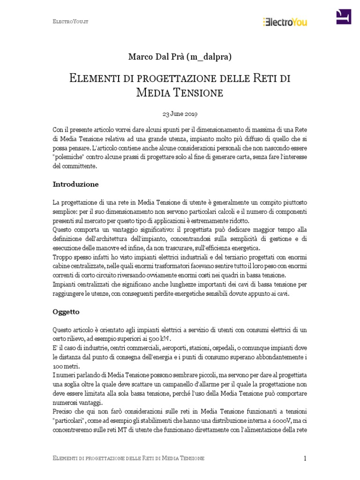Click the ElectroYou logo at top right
pyautogui.click(x=285, y=21)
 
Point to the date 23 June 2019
pyautogui.click(x=180, y=114)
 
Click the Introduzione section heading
pyautogui.click(x=75, y=184)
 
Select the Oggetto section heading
pyautogui.click(x=66, y=311)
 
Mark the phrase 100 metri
pyautogui.click(x=66, y=366)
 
